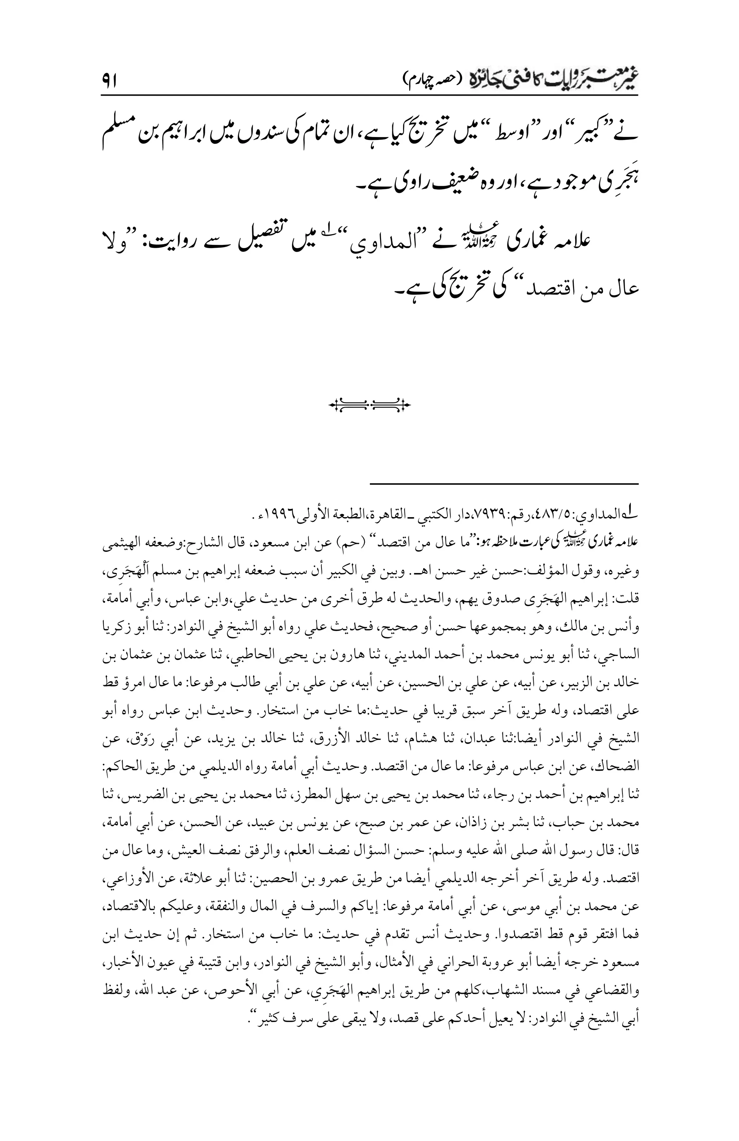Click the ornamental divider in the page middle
click(x=369, y=406)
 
